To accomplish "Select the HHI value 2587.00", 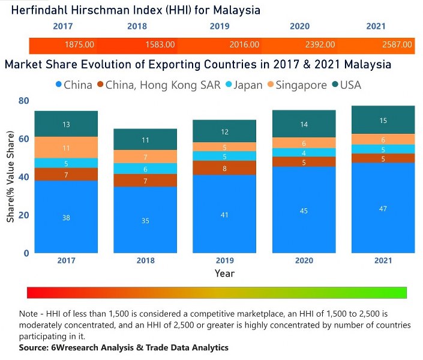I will [x=397, y=44].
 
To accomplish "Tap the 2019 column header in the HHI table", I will [x=220, y=26].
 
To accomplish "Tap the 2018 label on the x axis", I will [x=145, y=260].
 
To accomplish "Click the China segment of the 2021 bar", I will [x=383, y=208].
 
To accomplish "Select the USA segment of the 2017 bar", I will [x=66, y=124].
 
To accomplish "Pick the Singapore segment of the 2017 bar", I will [x=66, y=147].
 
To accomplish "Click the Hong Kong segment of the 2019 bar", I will [x=224, y=168].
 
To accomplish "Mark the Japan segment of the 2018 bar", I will [x=145, y=169].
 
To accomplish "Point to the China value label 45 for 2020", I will [x=304, y=210].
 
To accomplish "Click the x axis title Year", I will [x=224, y=273].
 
